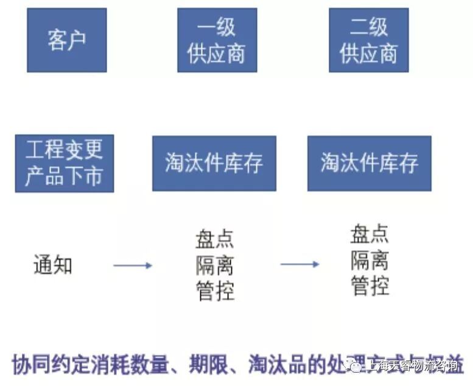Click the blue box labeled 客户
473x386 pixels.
67,40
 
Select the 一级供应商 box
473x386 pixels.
217,40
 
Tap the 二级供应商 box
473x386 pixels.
368,40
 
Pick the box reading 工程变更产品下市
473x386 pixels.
64,163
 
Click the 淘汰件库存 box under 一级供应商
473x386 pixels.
214,163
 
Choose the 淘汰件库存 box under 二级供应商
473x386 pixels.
369,163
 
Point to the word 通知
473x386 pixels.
53,265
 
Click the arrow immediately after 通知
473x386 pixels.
132,265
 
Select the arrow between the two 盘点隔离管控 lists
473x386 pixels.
299,264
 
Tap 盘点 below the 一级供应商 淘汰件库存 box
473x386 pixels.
215,239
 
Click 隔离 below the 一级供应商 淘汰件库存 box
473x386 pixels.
215,265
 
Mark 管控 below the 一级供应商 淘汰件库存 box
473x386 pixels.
215,290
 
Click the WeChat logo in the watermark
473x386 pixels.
354,365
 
